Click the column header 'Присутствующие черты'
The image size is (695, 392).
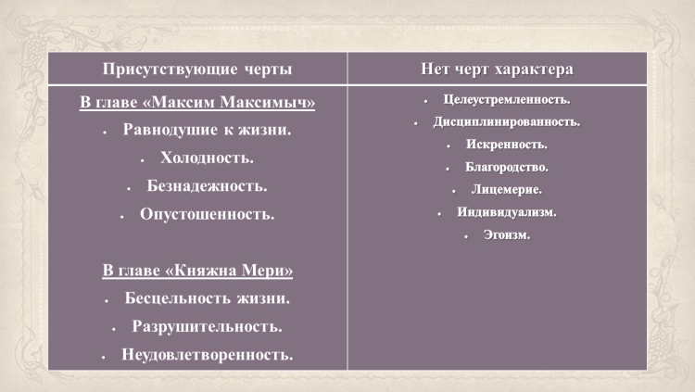197,70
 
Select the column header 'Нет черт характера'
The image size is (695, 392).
497,70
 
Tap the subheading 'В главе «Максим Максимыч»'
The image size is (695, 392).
197,103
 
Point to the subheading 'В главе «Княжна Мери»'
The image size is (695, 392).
197,270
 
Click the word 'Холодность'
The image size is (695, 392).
206,158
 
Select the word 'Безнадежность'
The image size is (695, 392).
206,185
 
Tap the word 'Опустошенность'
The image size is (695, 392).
206,214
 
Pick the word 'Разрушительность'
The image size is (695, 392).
206,326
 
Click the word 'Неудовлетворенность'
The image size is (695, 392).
207,355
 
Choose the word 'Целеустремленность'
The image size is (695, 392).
506,99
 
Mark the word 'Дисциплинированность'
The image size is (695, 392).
506,121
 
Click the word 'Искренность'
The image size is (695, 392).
506,145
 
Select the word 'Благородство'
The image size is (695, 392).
506,167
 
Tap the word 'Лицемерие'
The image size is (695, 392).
506,190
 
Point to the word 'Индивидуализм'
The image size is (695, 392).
506,212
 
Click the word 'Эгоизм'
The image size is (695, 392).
506,235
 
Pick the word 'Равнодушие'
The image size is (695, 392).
171,130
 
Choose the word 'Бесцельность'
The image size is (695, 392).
177,298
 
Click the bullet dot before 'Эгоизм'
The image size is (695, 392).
466,237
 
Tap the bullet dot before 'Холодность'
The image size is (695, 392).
143,160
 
